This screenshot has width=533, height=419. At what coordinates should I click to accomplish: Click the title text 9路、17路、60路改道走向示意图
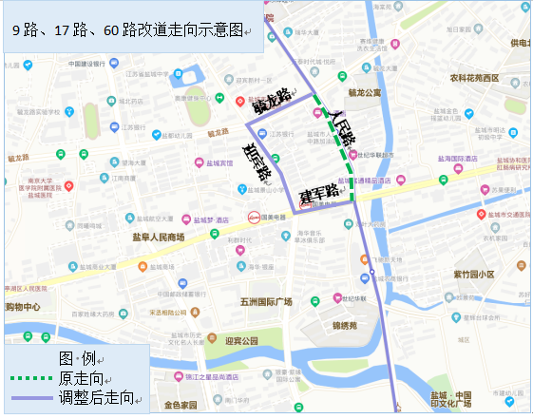click(128, 30)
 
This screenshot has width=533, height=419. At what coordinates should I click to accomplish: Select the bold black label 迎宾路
click(257, 161)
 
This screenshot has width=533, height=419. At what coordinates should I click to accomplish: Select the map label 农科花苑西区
click(480, 78)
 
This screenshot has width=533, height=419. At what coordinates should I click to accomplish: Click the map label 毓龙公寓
click(365, 93)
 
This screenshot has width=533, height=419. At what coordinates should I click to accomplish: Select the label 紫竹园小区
click(474, 274)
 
